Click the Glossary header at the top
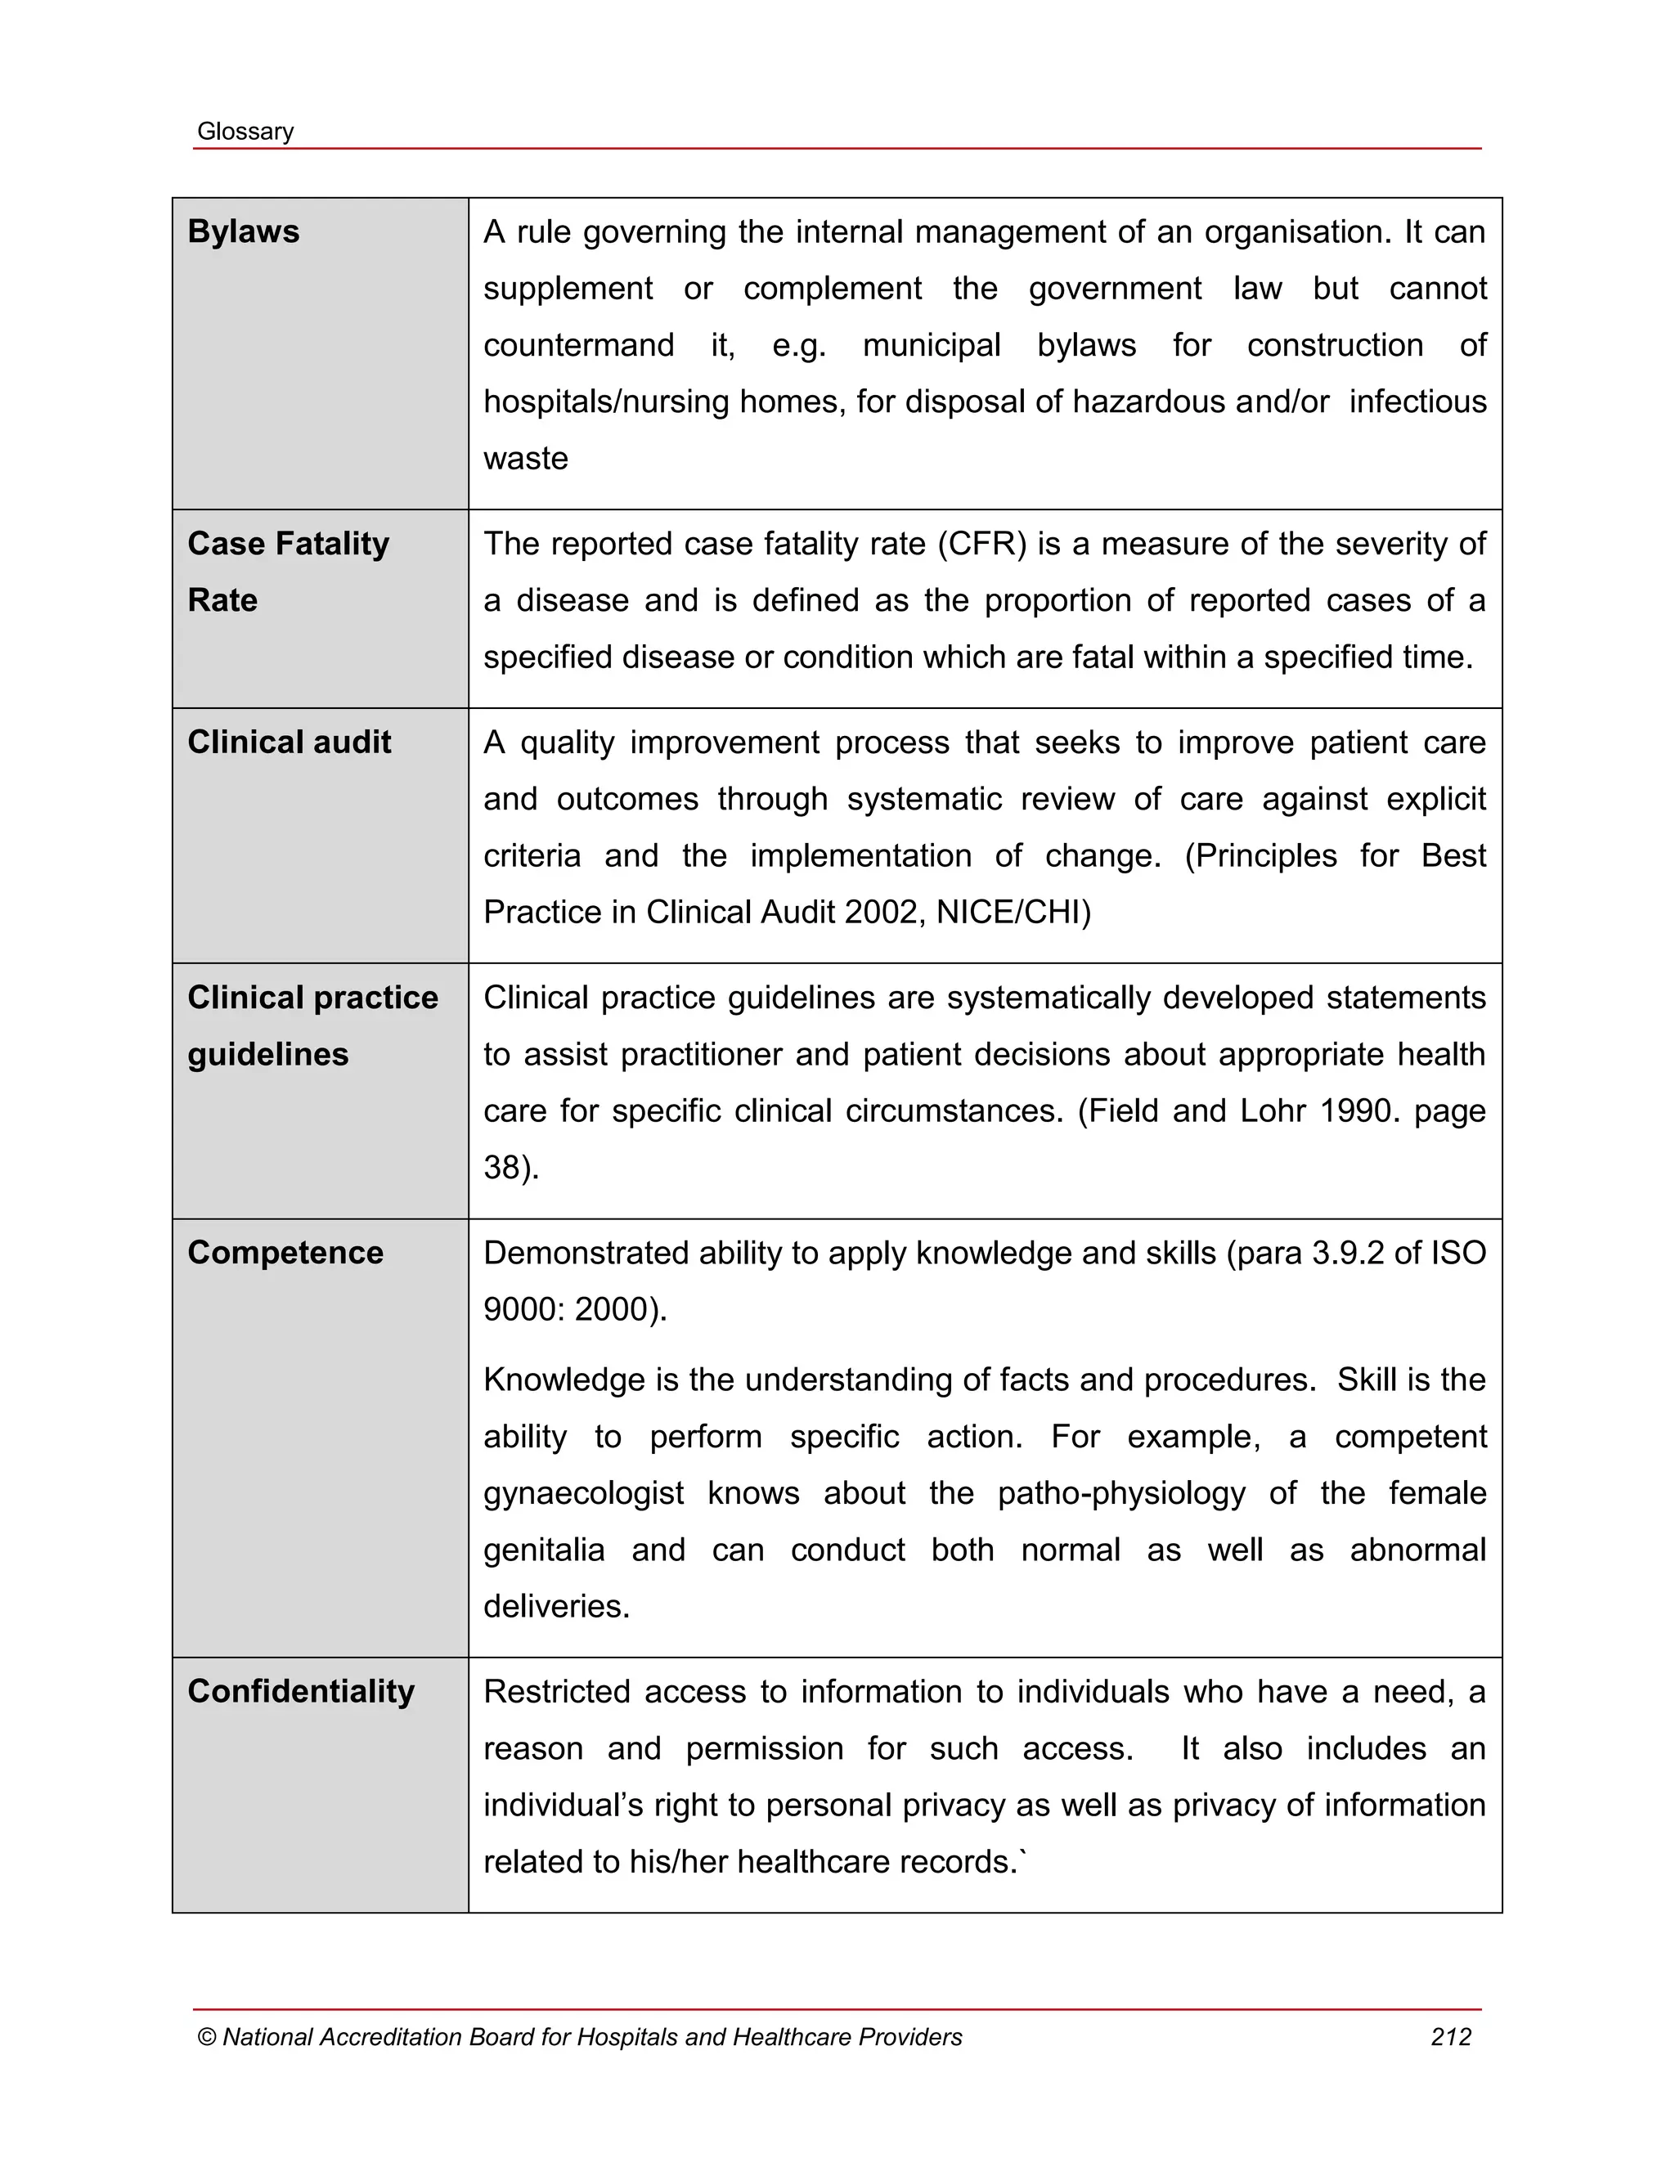245,132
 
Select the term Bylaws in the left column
243,231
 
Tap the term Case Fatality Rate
288,571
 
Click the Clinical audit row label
289,743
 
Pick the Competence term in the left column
285,1252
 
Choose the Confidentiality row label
301,1691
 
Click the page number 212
1451,2037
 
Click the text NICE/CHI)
1013,912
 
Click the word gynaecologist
583,1493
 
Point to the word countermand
578,345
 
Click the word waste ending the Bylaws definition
525,459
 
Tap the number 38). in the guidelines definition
511,1168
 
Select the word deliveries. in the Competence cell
557,1606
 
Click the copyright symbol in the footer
206,2037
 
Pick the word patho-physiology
1120,1493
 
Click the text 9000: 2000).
574,1310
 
